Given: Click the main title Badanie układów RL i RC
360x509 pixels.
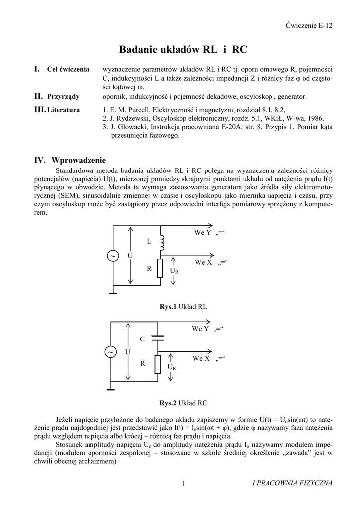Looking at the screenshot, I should tap(183, 50).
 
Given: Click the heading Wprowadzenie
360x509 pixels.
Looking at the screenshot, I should tap(79, 160).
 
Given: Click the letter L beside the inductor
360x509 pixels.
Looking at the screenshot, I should tap(148, 241).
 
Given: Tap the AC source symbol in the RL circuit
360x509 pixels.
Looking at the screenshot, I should tap(113, 255).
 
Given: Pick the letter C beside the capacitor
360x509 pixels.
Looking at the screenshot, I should tap(142, 339).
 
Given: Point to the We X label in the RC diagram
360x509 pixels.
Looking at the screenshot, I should tap(201, 358).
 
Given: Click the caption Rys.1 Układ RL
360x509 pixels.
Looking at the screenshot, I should tap(183, 307).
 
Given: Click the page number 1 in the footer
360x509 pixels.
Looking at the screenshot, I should tap(183, 483).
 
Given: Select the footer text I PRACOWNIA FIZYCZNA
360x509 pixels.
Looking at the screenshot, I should tap(292, 483).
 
